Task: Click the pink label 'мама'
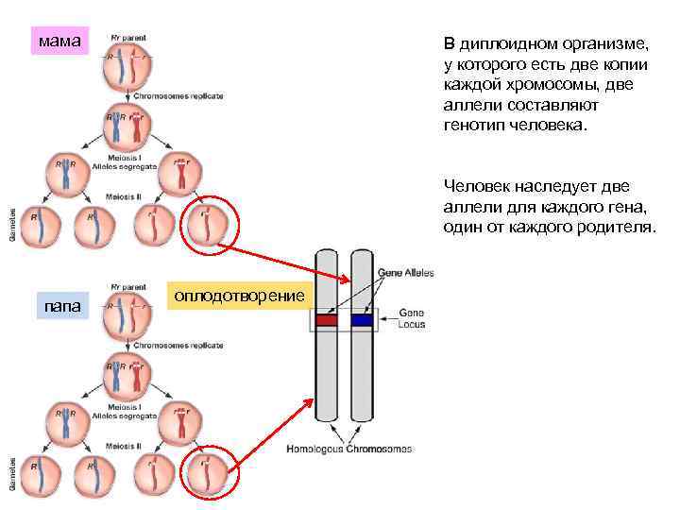[x=59, y=42]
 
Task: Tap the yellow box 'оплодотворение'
[x=238, y=297]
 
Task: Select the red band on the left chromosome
[x=326, y=320]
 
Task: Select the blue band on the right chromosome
[x=361, y=320]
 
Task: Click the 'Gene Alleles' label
[x=405, y=273]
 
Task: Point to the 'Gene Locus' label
[x=412, y=317]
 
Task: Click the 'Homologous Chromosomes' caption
[x=349, y=449]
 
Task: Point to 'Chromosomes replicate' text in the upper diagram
[x=178, y=95]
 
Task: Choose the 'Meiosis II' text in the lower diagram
[x=124, y=445]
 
